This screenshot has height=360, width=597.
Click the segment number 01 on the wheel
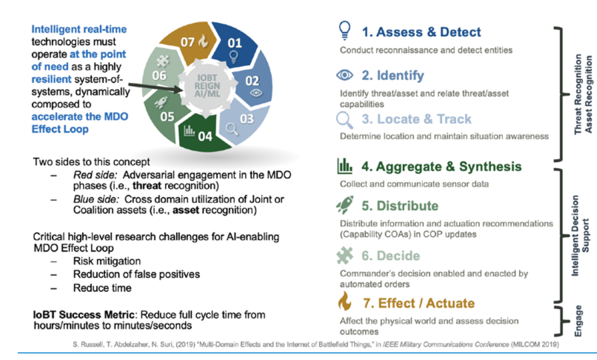coord(235,43)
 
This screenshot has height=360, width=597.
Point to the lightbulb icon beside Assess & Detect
coord(346,31)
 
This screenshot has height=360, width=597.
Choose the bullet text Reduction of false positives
coord(136,274)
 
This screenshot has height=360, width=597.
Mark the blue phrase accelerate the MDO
coord(80,115)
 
